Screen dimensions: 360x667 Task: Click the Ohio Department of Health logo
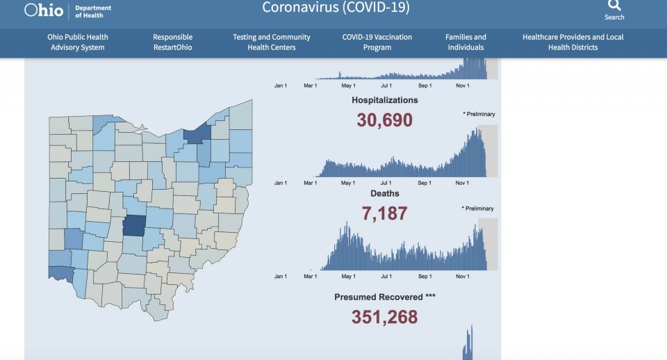pos(67,10)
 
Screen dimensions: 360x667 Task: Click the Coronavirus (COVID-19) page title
pos(336,8)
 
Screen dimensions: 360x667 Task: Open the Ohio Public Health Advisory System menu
pos(78,42)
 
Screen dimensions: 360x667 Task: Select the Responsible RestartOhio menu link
pos(172,42)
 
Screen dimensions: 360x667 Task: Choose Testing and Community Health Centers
pos(272,42)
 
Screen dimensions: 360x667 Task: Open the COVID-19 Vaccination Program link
pos(377,42)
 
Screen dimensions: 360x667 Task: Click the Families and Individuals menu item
pos(466,42)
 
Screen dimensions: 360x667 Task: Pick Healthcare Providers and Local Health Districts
pos(573,42)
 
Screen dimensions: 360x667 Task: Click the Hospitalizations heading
pos(385,100)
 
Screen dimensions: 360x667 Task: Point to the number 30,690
pos(385,120)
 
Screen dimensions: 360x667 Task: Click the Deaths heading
pos(385,193)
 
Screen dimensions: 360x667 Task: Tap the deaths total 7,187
pos(385,213)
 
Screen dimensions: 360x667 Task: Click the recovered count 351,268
pos(385,318)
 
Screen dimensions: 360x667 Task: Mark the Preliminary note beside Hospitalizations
pos(479,114)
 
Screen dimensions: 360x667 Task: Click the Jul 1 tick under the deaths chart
pos(386,277)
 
